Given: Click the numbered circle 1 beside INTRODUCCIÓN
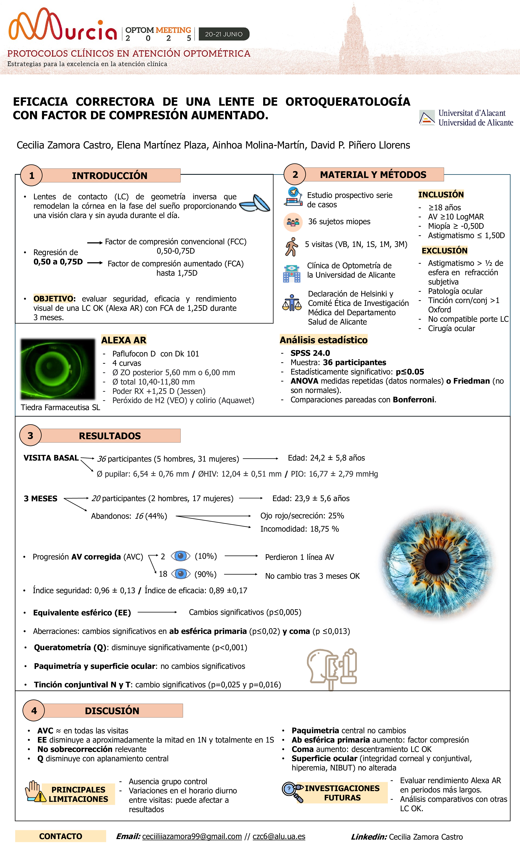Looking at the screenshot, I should click(x=31, y=176).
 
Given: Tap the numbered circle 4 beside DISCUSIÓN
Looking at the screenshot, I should click(x=34, y=711).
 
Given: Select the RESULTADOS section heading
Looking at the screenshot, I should click(x=110, y=436).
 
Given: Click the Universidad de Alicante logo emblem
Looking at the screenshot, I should click(x=427, y=118).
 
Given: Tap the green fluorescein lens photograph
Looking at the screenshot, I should click(x=58, y=369).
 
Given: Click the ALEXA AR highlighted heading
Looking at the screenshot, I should click(x=123, y=340).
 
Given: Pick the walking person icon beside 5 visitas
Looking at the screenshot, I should click(x=292, y=247).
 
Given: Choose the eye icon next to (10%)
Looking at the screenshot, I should click(x=180, y=556).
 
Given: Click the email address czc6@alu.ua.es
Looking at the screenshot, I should click(x=279, y=836).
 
